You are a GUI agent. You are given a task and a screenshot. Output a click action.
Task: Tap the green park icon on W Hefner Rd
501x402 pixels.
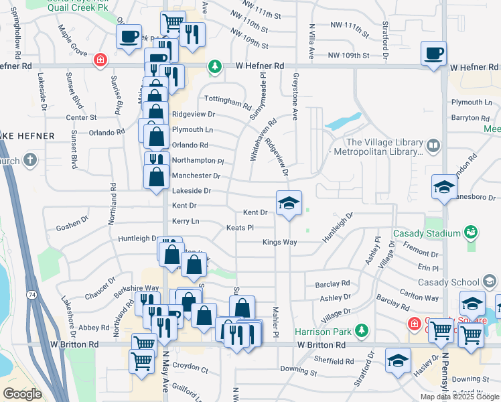pos(214,66)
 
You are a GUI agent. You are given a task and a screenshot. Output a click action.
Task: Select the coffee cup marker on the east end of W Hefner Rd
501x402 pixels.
pos(433,53)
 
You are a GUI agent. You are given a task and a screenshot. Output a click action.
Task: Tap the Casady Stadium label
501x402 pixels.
pos(427,232)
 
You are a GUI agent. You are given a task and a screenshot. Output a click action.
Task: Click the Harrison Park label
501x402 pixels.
pos(324,331)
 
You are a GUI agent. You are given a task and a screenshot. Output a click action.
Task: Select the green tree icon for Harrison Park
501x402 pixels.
pos(362,330)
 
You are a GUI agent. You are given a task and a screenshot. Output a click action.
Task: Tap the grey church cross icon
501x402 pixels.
pos(29,160)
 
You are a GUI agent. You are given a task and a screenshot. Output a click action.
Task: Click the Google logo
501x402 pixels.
pos(22,394)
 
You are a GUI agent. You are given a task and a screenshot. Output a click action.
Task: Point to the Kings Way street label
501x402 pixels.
pos(279,242)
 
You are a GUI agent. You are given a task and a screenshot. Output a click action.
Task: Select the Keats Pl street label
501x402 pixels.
pos(240,228)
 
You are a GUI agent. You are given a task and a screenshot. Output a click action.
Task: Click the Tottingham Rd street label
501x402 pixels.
pos(227,102)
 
